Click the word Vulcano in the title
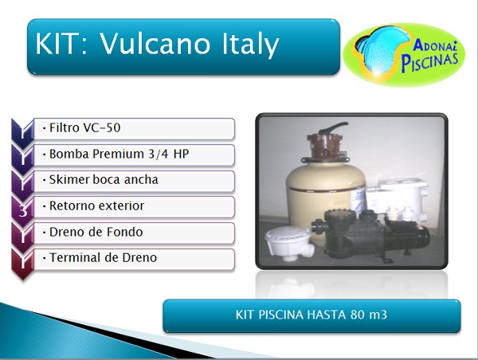(x=155, y=43)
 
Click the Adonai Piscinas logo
(x=404, y=55)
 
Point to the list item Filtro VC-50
(x=135, y=128)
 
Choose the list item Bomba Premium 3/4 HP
(x=135, y=155)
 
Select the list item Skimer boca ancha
(x=135, y=181)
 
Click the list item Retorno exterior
(x=135, y=206)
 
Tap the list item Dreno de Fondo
(x=135, y=233)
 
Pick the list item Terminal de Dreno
(x=135, y=259)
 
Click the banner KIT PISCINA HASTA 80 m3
(x=311, y=316)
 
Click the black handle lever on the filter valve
(x=334, y=127)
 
